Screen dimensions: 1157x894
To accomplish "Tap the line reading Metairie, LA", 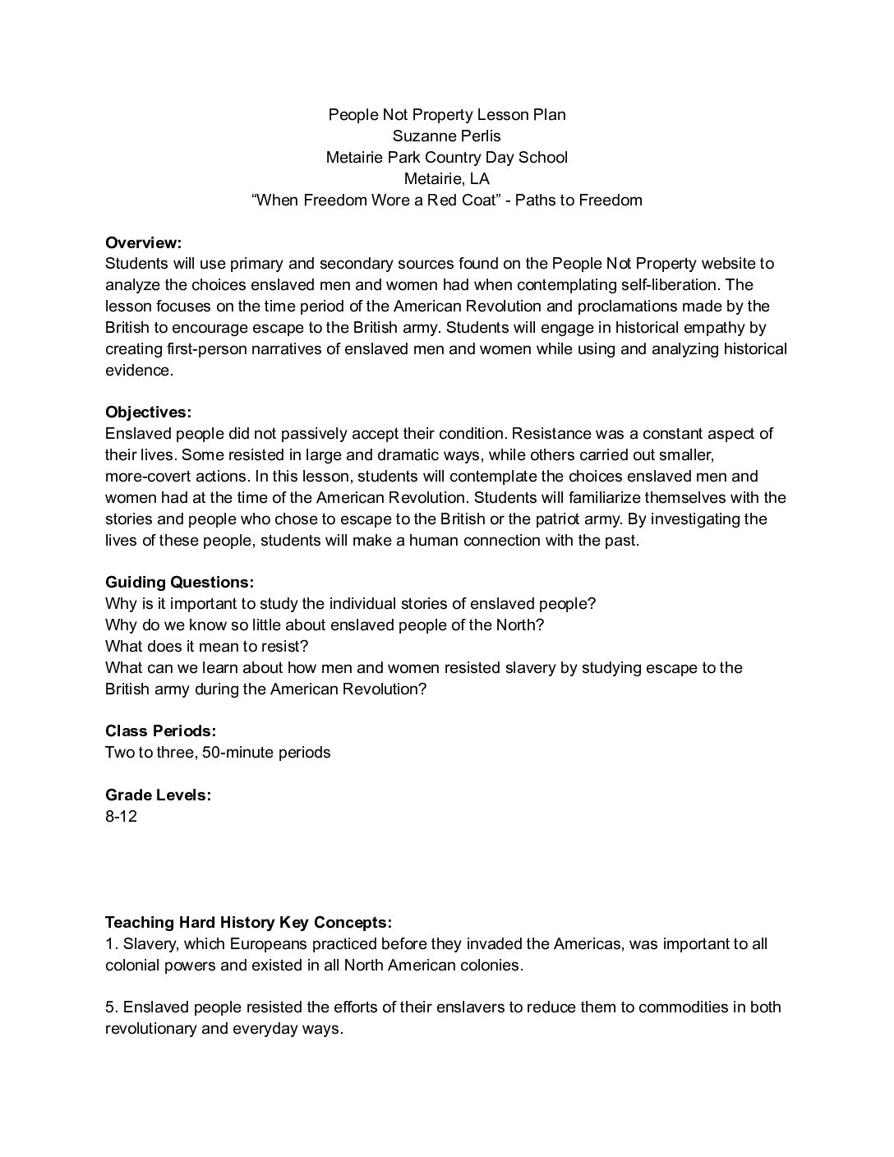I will point(446,178).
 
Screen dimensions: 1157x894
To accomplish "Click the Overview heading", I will point(143,242).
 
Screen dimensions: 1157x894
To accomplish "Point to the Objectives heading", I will point(148,412).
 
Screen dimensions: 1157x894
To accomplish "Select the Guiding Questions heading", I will point(179,582).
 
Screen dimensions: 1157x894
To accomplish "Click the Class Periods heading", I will point(160,731).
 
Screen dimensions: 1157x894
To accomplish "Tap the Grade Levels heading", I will point(158,795).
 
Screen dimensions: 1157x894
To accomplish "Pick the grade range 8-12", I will point(121,816).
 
